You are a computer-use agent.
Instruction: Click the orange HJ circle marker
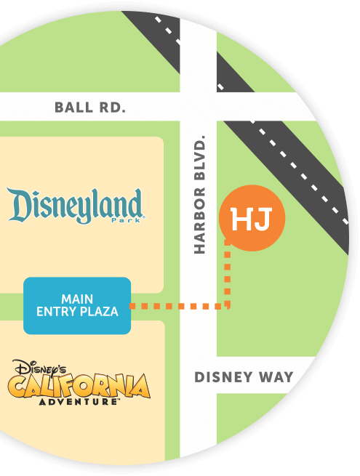(252, 218)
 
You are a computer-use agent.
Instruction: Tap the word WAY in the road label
(276, 377)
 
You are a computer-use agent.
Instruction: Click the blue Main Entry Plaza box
(77, 305)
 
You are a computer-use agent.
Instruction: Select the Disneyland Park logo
(75, 206)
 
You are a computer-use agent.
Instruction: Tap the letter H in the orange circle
(241, 218)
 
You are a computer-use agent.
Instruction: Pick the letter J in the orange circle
(263, 218)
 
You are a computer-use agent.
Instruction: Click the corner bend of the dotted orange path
(228, 306)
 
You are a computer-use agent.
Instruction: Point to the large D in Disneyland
(20, 205)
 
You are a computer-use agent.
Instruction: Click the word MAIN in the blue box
(77, 299)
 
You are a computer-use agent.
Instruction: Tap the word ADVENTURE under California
(79, 401)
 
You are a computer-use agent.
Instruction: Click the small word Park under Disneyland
(132, 219)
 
